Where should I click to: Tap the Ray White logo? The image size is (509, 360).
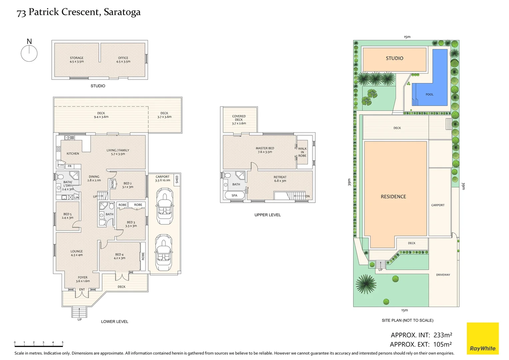482,338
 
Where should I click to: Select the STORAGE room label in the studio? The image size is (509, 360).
77,60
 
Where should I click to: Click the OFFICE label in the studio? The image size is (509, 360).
123,60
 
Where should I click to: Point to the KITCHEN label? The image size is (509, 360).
73,154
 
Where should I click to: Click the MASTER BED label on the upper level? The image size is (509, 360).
265,150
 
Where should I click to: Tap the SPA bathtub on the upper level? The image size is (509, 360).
235,196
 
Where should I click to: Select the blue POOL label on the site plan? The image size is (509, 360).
429,95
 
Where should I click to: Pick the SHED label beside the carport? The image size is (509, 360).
177,179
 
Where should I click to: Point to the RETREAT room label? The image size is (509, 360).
280,179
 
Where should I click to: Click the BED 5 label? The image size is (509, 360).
67,216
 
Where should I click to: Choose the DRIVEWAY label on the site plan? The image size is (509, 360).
443,275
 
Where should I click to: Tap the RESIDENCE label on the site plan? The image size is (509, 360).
393,197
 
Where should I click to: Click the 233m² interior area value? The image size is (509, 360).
442,335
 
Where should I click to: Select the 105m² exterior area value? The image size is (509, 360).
442,345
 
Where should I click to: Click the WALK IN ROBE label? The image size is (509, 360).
302,152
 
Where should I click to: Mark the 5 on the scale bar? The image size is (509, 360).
63,342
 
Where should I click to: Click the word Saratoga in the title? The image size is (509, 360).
122,12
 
